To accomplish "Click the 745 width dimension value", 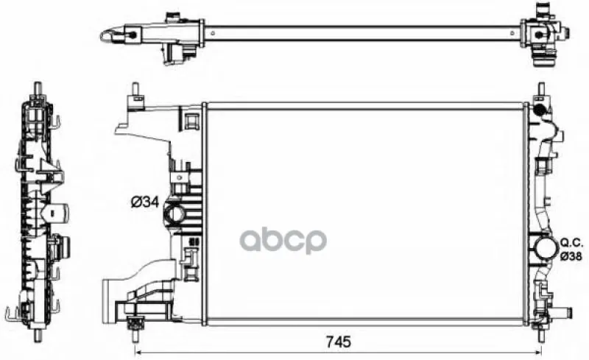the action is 338,342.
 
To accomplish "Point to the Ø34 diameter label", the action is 145,202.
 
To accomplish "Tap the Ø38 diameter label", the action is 571,256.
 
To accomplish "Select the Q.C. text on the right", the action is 572,243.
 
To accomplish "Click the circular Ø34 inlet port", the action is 175,214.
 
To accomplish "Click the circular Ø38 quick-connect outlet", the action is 543,248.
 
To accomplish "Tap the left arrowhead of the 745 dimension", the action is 138,353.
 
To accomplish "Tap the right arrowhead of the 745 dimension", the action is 539,353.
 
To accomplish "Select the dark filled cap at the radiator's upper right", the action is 539,110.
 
